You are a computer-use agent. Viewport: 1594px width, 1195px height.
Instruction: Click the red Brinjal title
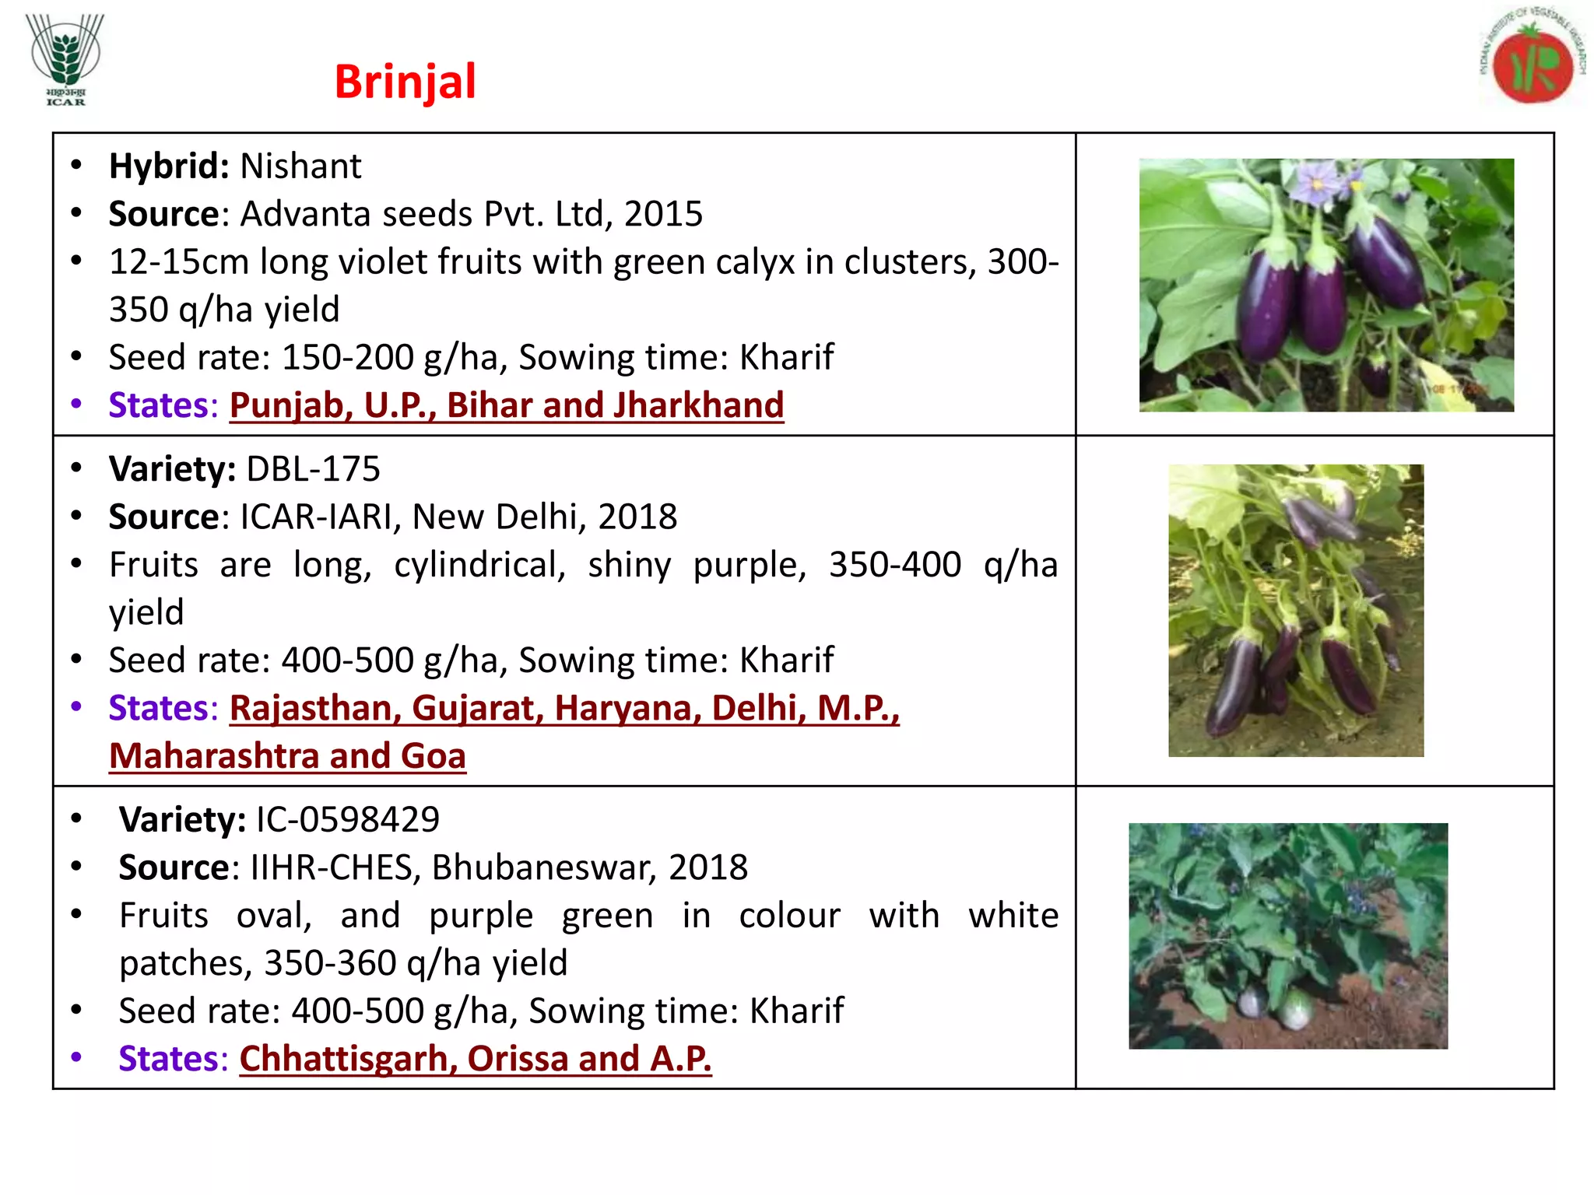[x=405, y=82]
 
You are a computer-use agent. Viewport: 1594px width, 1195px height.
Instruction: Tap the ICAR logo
[x=65, y=59]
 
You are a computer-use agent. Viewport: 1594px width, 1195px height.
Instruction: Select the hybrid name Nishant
[x=300, y=166]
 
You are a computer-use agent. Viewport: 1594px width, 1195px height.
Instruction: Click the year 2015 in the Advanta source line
[x=663, y=214]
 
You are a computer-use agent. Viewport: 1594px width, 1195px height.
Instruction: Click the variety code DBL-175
[x=313, y=469]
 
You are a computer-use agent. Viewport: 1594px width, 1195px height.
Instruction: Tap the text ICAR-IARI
[x=321, y=517]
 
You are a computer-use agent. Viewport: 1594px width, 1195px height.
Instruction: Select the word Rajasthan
[x=314, y=708]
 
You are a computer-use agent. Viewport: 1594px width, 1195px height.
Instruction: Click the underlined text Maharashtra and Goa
[x=287, y=756]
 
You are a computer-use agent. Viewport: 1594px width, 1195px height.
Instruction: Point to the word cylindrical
[x=479, y=565]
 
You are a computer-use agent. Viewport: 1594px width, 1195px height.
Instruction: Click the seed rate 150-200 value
[x=347, y=358]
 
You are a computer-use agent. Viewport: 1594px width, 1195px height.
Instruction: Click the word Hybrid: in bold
[x=169, y=166]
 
